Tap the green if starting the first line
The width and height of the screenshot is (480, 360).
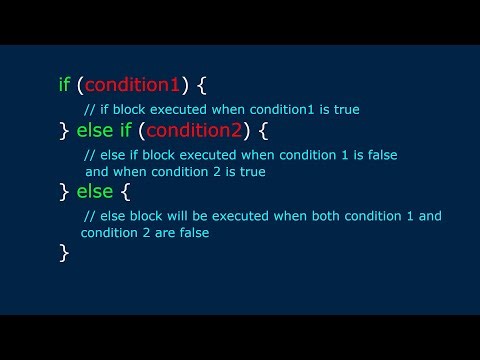[x=65, y=85]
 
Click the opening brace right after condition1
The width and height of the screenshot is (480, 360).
[x=202, y=86]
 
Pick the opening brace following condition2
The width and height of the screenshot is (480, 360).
[x=280, y=130]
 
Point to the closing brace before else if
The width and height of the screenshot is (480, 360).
[x=64, y=130]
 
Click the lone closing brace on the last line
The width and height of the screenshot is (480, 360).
[x=64, y=253]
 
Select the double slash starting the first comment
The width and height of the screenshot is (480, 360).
[x=87, y=109]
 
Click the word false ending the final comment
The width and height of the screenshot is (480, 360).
[x=226, y=233]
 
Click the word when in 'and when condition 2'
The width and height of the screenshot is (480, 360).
[x=131, y=171]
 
